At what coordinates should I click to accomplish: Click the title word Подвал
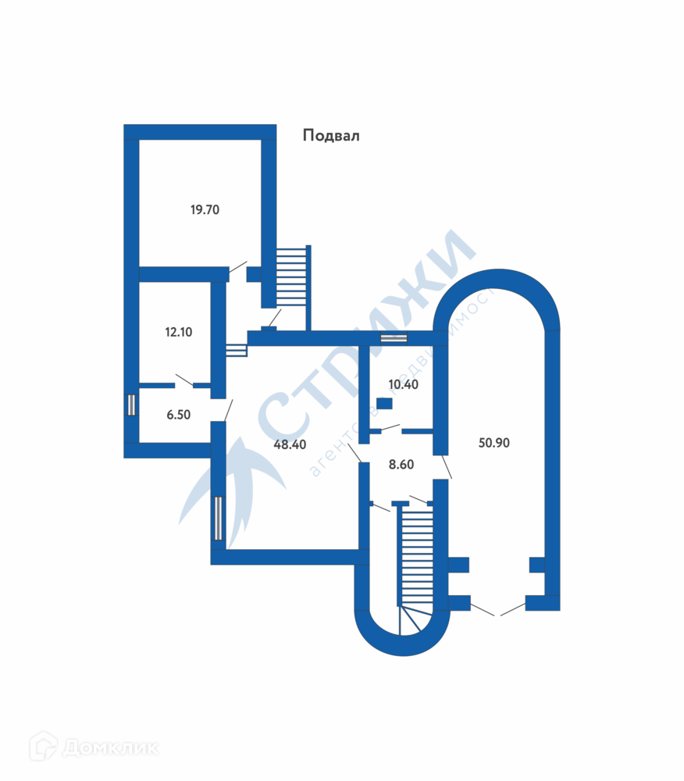(330, 136)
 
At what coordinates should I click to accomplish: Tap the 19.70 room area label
(205, 209)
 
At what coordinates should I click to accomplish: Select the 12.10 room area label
(178, 332)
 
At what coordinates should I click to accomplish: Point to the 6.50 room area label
(178, 415)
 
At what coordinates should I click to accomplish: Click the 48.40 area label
(289, 444)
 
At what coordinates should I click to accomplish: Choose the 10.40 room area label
(403, 384)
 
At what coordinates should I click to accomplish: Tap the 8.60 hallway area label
(401, 464)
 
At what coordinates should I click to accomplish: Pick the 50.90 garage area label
(493, 443)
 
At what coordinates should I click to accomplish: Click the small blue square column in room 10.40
(384, 404)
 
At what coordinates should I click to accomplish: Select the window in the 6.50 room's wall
(131, 405)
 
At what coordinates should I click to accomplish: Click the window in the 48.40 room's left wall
(219, 519)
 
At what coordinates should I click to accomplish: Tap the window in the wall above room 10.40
(394, 338)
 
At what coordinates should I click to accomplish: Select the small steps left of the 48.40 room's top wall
(236, 351)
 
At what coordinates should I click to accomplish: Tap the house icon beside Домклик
(44, 747)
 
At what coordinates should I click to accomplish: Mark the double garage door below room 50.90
(497, 610)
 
